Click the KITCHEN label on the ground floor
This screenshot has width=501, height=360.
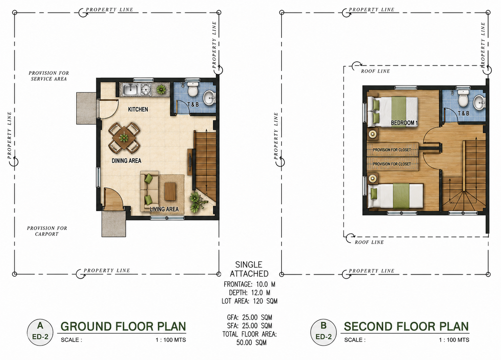(138, 109)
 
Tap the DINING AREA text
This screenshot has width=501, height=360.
(126, 161)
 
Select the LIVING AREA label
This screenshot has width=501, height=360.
(164, 209)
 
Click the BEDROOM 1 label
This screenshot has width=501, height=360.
(404, 123)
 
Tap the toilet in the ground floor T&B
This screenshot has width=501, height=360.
(192, 89)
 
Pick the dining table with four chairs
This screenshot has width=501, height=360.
(124, 137)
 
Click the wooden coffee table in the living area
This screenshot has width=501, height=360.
(170, 192)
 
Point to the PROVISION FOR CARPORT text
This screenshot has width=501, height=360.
(47, 231)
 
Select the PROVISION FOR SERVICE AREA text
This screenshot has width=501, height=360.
(49, 76)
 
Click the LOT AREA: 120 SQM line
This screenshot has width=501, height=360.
(249, 301)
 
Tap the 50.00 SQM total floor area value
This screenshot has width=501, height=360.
(251, 342)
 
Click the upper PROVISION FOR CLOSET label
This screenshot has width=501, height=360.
(392, 150)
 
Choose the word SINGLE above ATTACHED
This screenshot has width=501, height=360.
(249, 265)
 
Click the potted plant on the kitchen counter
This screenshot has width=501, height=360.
(161, 89)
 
